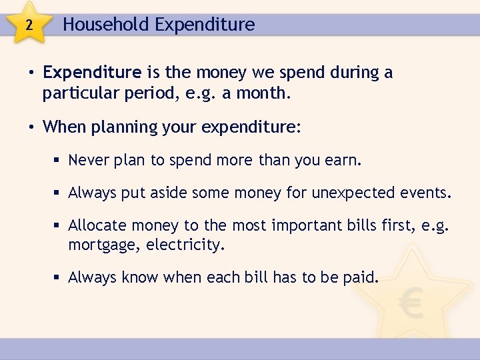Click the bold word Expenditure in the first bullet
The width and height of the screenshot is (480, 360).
92,72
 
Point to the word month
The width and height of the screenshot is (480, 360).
266,93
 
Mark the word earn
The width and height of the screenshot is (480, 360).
345,160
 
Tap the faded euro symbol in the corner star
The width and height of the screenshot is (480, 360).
411,305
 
